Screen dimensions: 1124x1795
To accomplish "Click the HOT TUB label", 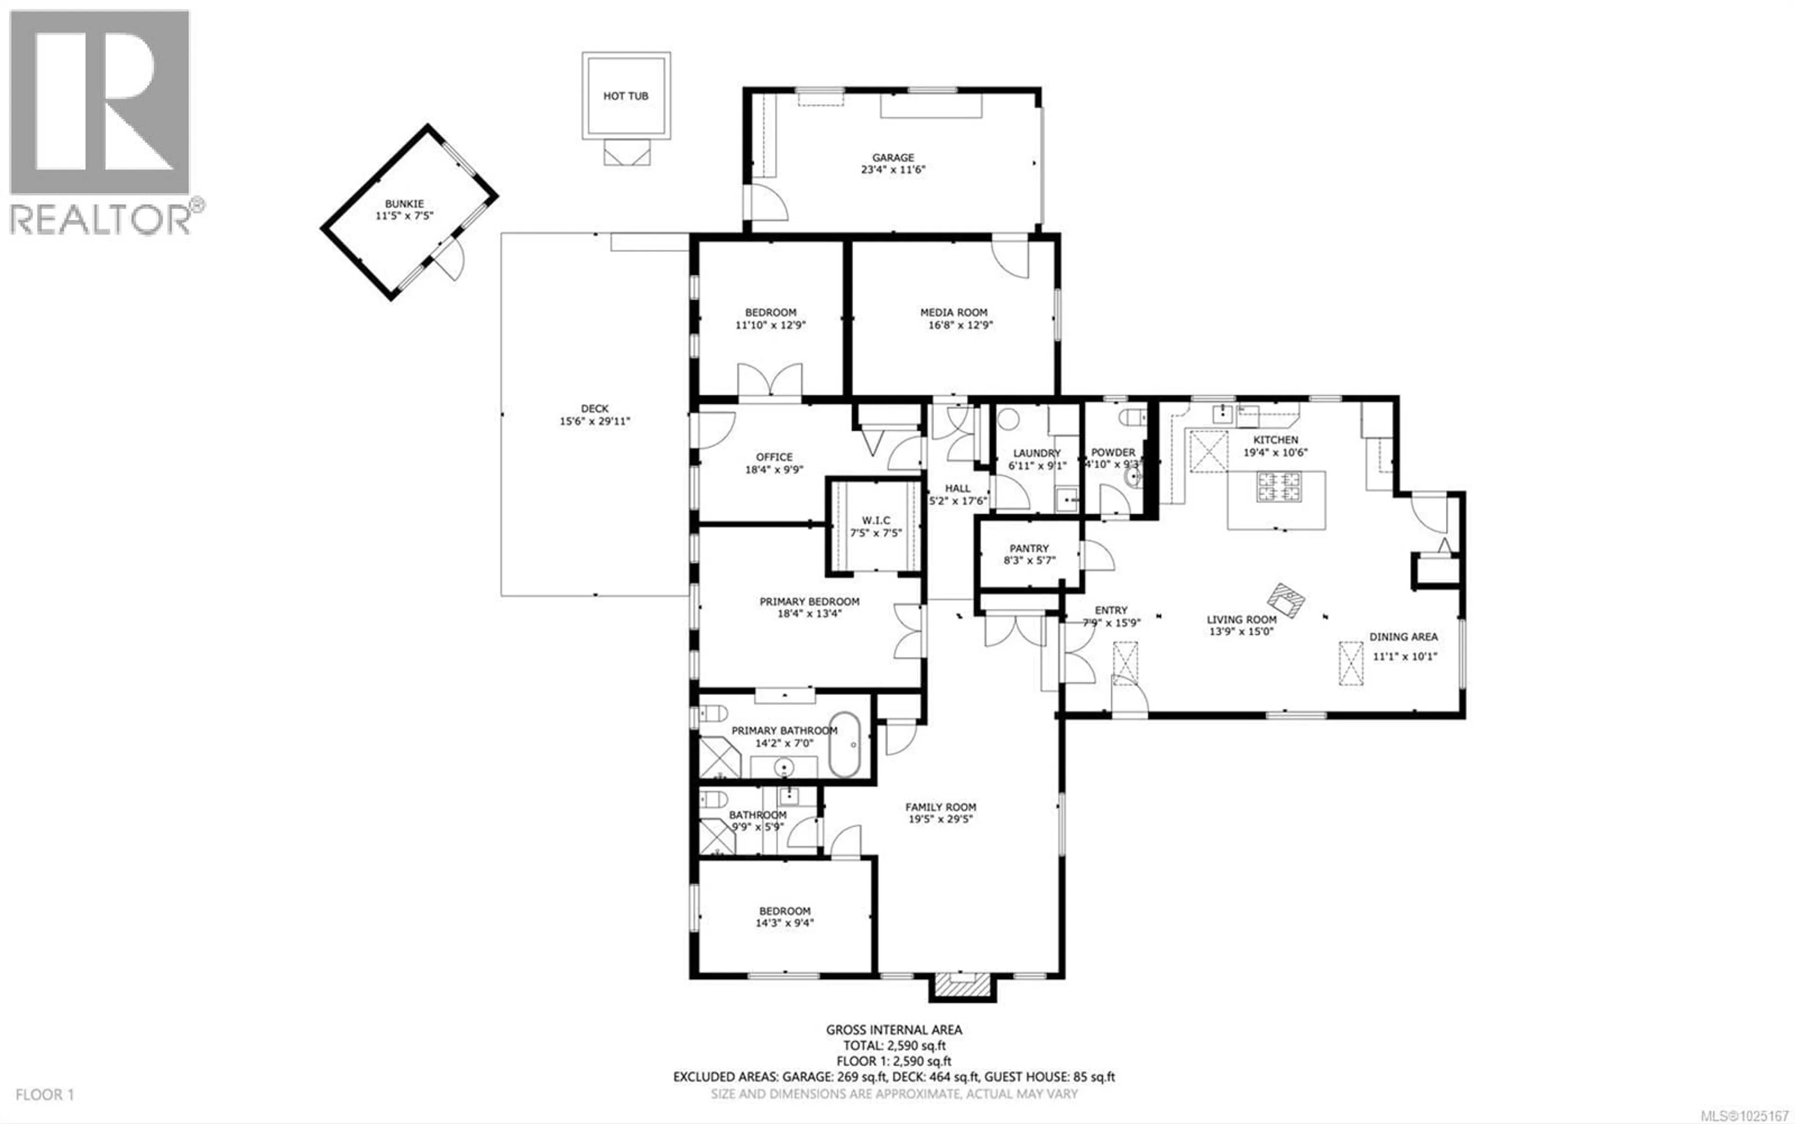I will [x=625, y=96].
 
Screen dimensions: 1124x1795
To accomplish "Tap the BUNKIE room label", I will [x=404, y=204].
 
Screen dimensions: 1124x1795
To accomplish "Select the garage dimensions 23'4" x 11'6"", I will [x=892, y=170].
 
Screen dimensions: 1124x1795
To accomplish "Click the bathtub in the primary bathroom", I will [x=845, y=744].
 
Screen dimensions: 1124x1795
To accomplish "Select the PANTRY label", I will [x=1029, y=548].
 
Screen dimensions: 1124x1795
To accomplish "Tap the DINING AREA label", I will [x=1403, y=637].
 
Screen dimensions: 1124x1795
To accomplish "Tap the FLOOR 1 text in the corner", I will [x=44, y=1094].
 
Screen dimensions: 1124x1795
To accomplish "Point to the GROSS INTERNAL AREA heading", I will [x=894, y=1030].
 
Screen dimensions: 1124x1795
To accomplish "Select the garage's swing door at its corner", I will [x=766, y=203].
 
